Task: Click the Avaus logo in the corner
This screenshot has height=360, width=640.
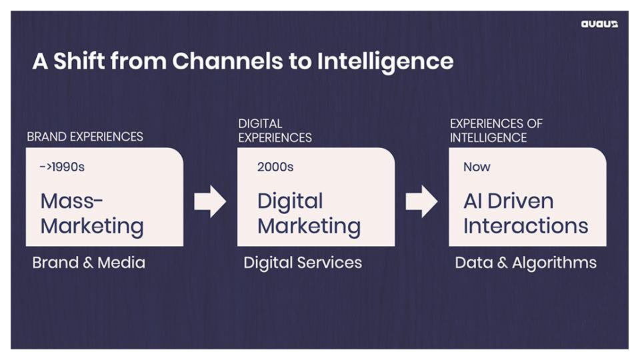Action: point(599,24)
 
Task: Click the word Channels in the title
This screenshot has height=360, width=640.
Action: point(227,61)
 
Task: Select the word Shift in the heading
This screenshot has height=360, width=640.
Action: point(79,61)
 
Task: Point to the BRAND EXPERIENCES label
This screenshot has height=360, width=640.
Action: point(85,137)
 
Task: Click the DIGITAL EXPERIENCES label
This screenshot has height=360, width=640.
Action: point(275,131)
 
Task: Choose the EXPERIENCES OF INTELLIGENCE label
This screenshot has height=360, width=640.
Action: point(496,131)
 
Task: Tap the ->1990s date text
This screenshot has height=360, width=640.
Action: point(62,167)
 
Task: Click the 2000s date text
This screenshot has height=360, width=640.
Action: point(275,167)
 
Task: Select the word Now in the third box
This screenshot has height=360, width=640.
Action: point(477,167)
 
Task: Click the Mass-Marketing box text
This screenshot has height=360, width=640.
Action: point(92,214)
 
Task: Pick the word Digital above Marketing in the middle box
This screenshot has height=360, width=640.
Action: point(290,201)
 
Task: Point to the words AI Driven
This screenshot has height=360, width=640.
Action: point(509,201)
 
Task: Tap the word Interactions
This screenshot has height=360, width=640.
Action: point(526,226)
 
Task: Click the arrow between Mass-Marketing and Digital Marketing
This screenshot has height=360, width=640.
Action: point(210,201)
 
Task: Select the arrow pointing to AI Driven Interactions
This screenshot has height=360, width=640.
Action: point(421,201)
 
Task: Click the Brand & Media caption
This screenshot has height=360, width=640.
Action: point(89,263)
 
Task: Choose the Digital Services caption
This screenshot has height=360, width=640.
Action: point(303,263)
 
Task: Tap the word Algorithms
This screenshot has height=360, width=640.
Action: point(554,263)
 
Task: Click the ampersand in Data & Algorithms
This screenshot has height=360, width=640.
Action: point(502,263)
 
